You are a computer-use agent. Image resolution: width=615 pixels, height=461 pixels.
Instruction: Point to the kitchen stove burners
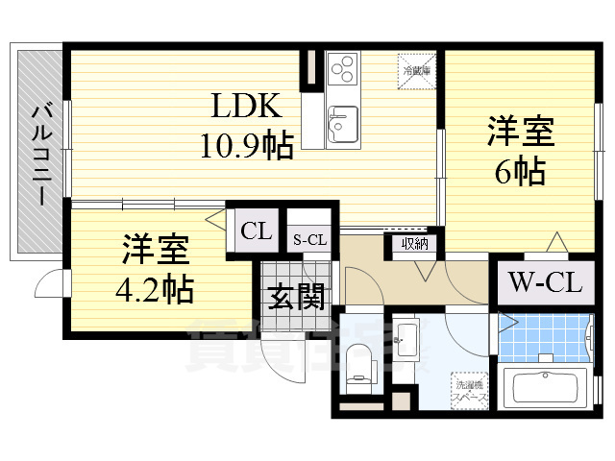pyautogui.click(x=342, y=69)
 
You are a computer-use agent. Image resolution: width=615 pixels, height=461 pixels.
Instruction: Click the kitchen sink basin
pyautogui.click(x=341, y=124)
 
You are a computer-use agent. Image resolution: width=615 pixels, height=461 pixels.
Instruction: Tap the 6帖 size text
pyautogui.click(x=521, y=171)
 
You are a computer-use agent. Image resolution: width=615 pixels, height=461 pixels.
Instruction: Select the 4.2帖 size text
pyautogui.click(x=156, y=286)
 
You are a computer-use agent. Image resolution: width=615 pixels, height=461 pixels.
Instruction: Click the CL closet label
pyautogui.click(x=256, y=230)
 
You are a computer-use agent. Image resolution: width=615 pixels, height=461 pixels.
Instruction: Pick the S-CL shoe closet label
pyautogui.click(x=309, y=240)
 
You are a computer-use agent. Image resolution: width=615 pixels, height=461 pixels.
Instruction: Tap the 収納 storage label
pyautogui.click(x=414, y=244)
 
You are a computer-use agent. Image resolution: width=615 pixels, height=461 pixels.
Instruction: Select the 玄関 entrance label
pyautogui.click(x=294, y=297)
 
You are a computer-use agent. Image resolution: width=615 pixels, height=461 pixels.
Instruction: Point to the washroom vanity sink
pyautogui.click(x=406, y=338)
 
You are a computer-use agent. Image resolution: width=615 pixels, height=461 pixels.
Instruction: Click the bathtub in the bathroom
pyautogui.click(x=552, y=387)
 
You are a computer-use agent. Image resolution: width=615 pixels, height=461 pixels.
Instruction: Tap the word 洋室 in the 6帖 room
pyautogui.click(x=520, y=130)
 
